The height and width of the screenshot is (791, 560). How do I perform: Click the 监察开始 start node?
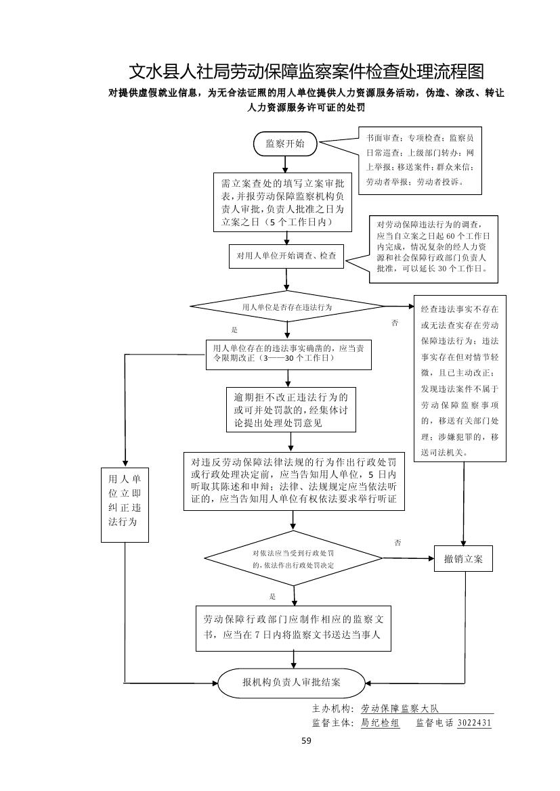pos(285,143)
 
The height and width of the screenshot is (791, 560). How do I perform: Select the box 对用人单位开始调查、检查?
pos(286,256)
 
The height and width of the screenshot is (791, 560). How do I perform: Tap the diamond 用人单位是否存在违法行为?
pos(288,307)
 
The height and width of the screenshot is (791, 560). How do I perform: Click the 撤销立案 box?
pos(464,558)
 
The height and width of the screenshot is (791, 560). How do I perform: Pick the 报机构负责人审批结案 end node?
pos(292,682)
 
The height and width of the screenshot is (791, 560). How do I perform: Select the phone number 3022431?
pos(474,723)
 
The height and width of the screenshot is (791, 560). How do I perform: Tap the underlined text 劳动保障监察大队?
pos(400,708)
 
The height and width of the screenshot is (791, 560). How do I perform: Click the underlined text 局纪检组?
pos(380,723)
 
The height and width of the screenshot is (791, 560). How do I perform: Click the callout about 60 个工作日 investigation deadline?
pos(433,249)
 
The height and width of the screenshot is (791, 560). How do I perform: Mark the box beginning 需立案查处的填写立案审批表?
pos(284,202)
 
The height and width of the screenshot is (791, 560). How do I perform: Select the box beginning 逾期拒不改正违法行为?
pos(291,410)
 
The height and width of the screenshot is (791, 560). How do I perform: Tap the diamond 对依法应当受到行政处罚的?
pos(293,558)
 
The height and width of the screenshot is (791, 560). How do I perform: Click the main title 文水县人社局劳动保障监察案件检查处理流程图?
pos(307,72)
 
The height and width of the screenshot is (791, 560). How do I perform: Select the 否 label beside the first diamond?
pos(395,323)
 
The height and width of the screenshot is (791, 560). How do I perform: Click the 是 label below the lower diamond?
pos(272,596)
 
